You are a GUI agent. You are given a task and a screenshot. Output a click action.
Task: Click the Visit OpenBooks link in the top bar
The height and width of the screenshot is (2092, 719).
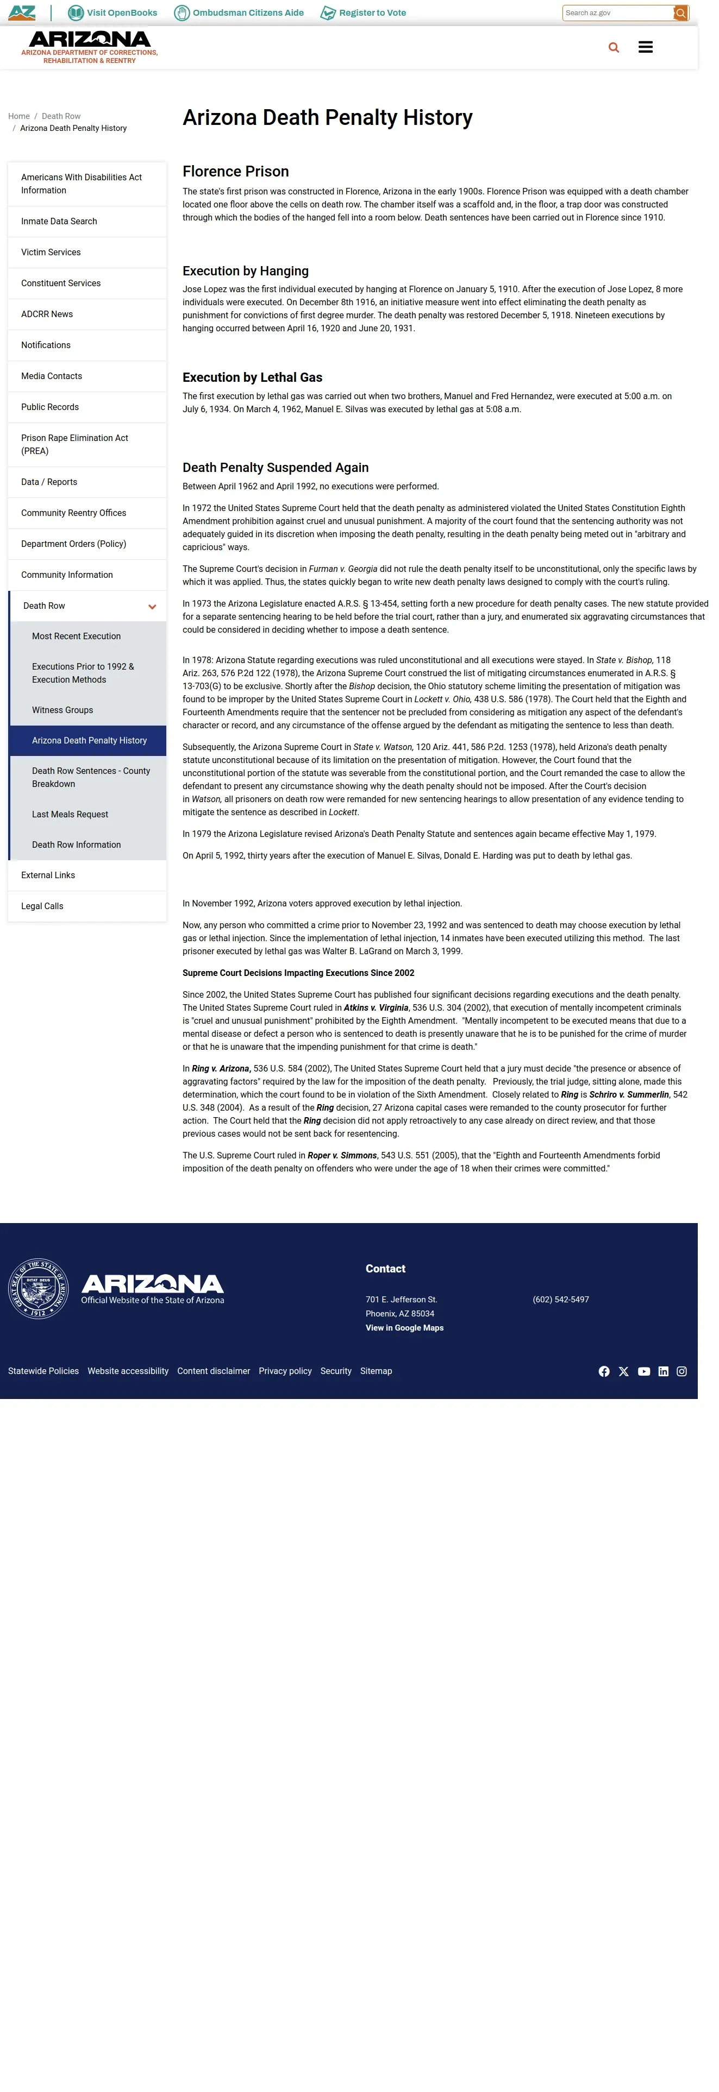point(113,13)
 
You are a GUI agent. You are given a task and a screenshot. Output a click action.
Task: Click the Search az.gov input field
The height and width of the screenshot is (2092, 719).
point(617,13)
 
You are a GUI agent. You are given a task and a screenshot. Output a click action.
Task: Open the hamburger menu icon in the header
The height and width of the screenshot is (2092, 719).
point(646,48)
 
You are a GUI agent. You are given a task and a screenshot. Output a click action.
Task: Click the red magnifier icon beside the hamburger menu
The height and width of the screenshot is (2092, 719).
point(614,48)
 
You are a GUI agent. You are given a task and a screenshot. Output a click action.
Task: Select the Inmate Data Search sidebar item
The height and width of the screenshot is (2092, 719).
point(59,222)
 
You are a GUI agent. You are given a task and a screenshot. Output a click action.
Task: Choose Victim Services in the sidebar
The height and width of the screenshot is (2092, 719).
point(51,253)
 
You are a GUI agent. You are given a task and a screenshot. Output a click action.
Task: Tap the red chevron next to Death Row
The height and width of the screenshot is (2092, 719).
point(152,607)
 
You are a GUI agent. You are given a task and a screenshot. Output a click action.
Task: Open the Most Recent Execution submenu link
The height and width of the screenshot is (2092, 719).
point(77,637)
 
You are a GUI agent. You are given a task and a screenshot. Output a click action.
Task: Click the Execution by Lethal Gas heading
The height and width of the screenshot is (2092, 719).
point(253,377)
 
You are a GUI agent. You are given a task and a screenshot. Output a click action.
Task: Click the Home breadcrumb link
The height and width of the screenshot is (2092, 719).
point(18,116)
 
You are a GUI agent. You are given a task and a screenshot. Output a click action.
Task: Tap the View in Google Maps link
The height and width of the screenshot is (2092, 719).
point(404,1328)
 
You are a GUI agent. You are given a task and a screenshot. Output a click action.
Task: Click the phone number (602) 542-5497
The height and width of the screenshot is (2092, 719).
point(560,1300)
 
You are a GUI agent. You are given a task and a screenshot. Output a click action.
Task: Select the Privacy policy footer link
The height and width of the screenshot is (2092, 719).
point(285,1371)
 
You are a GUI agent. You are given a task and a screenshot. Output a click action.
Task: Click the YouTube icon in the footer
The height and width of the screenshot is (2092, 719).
point(643,1372)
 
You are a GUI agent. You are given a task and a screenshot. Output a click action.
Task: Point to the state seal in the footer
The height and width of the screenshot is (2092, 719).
point(38,1289)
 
